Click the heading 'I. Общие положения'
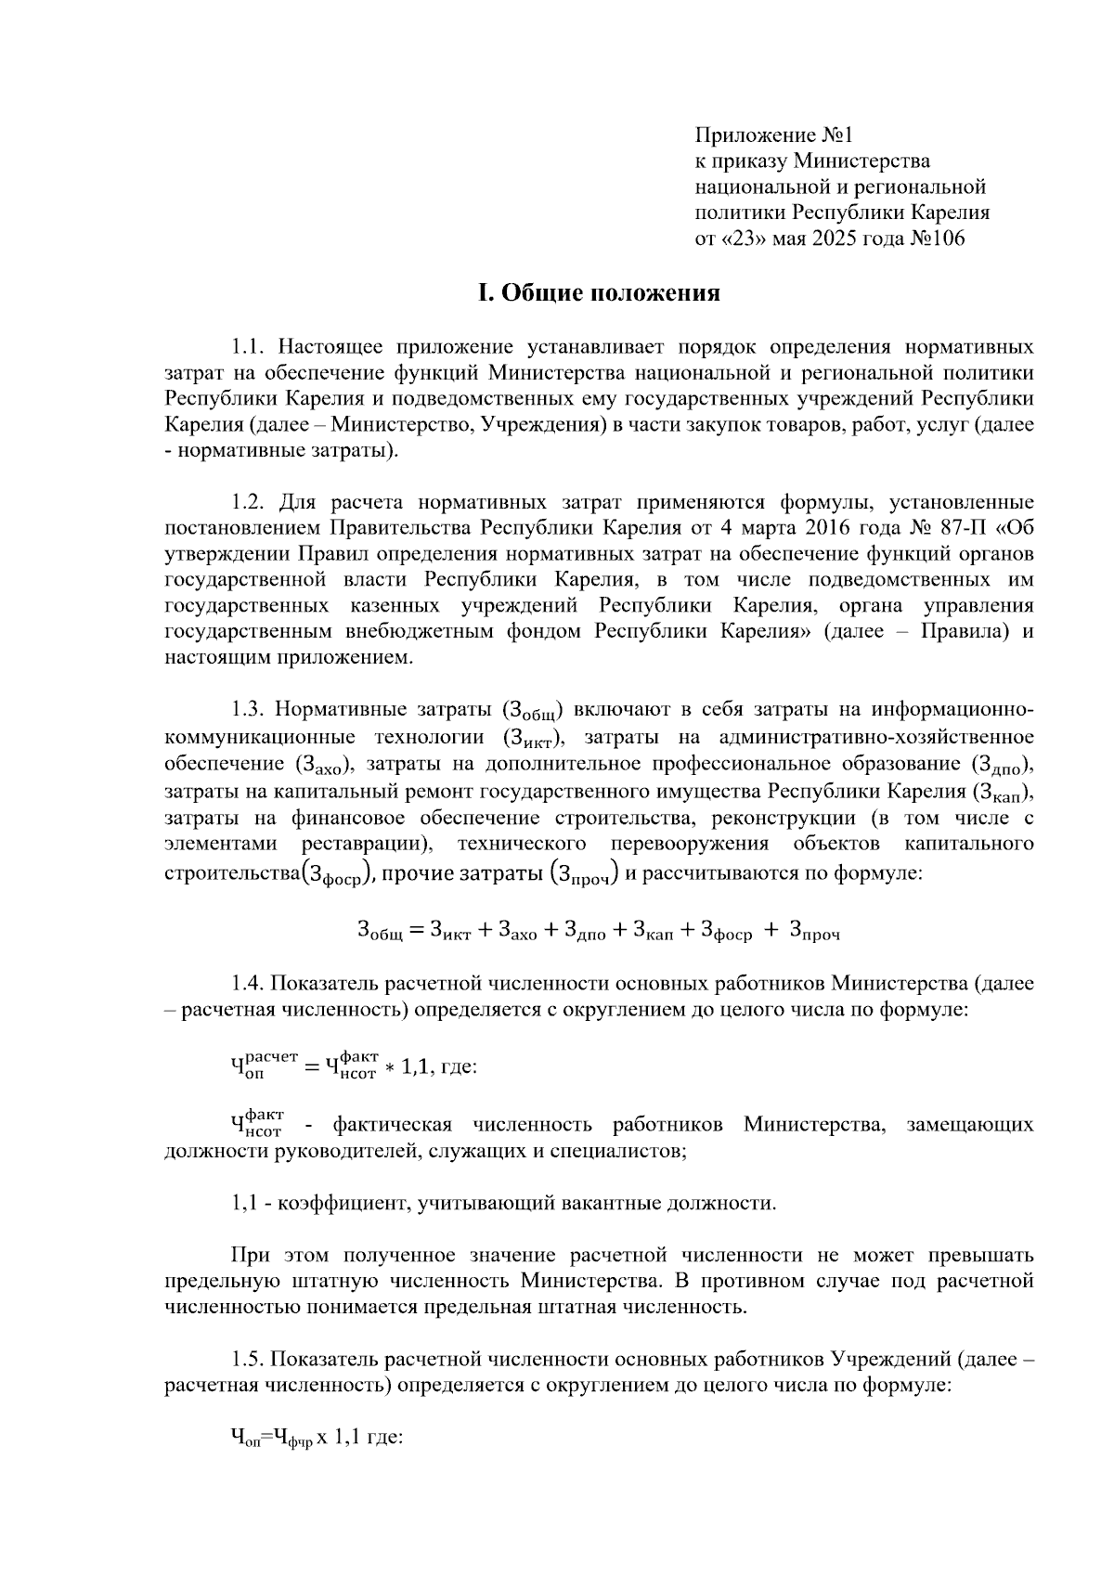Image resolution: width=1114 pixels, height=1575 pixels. coord(599,293)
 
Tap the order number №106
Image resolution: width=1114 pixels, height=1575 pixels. coord(937,239)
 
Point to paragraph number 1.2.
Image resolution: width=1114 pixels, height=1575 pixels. coord(249,503)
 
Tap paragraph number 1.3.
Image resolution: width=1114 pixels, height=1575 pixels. coord(249,711)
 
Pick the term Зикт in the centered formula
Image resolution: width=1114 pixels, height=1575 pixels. coord(451,930)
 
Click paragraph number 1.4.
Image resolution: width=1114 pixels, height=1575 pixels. coord(249,983)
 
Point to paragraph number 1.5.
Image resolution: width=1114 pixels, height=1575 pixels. coord(249,1361)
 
